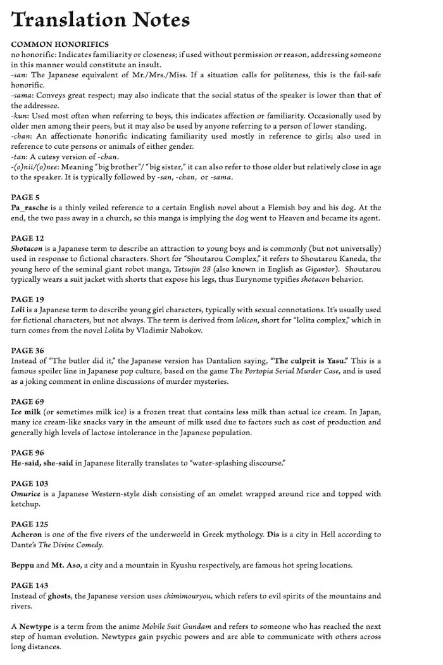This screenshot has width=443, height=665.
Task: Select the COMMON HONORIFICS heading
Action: click(59, 44)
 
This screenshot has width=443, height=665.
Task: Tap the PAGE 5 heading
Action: click(25, 198)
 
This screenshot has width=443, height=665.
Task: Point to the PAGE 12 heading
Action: click(28, 237)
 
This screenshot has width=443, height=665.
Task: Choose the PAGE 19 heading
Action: click(28, 298)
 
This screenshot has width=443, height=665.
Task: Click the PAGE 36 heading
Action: click(28, 350)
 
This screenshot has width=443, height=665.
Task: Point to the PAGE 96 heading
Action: click(28, 453)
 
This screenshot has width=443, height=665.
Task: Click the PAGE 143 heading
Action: click(30, 585)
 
